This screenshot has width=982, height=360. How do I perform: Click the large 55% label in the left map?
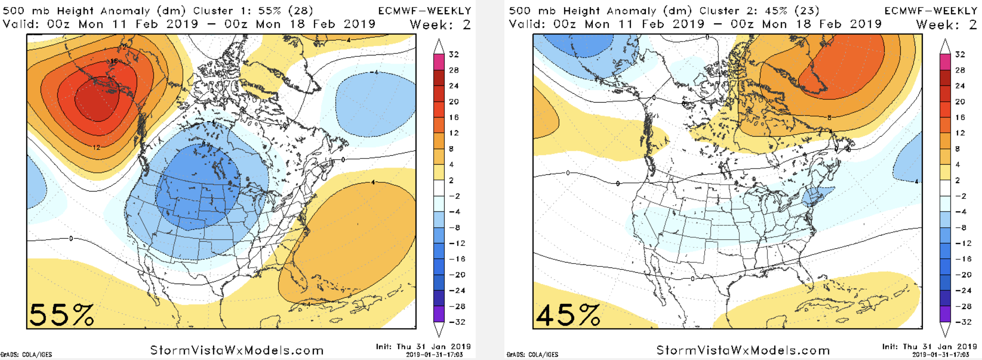pos(61,315)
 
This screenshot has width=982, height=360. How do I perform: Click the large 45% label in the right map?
pos(567,315)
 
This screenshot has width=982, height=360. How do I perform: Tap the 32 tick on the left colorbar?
pos(454,54)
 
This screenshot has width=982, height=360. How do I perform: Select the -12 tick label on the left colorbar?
pos(457,243)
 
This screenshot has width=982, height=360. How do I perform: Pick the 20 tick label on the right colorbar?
pos(960,102)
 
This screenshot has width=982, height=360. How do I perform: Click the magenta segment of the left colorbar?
pos(439,62)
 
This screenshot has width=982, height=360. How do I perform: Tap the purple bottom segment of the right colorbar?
pos(945,314)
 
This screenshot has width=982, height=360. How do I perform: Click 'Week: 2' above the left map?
pos(440,24)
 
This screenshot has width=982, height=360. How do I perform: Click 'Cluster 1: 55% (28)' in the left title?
pos(253,11)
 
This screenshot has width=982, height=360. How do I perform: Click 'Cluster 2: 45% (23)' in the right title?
pos(759,11)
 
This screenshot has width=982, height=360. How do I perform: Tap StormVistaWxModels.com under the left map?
pos(237,350)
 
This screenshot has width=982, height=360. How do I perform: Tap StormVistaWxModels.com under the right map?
pos(743,350)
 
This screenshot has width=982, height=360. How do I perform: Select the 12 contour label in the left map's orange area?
pos(97,147)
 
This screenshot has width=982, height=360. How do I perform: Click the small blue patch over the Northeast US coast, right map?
pos(815,196)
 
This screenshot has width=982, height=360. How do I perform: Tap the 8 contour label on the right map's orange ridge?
pos(830,117)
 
